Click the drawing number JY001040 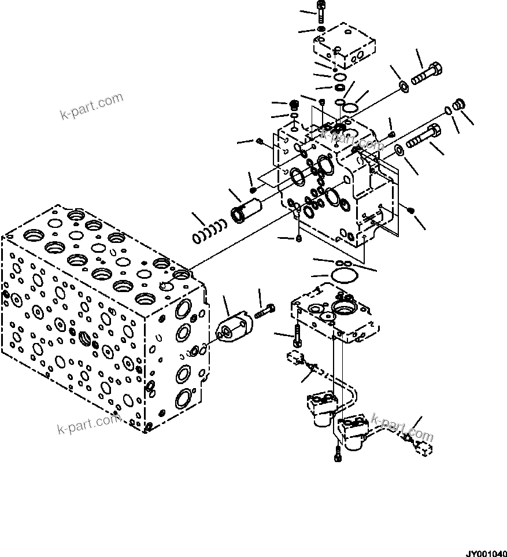(x=486, y=552)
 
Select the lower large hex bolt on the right (x=424, y=136)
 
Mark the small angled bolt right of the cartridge (x=264, y=313)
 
